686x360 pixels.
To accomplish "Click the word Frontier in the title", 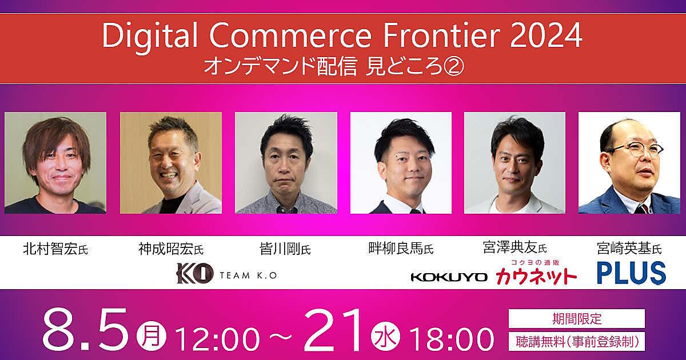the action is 441,36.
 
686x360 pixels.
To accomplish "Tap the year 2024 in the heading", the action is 547,36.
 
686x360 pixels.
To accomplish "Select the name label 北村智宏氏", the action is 55,249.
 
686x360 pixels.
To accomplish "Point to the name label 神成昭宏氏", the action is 171,249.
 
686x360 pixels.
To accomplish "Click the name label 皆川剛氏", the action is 285,249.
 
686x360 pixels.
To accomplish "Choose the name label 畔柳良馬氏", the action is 401,249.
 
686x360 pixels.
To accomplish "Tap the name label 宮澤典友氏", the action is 515,247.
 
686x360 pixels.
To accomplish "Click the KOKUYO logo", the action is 449,277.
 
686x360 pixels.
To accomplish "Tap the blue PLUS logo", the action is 631,273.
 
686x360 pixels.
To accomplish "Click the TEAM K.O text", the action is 248,275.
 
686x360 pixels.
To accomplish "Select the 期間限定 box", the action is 577,318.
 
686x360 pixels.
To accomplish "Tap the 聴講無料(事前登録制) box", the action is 577,341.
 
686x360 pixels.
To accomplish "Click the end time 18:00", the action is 451,339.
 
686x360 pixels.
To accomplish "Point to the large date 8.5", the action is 85,330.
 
